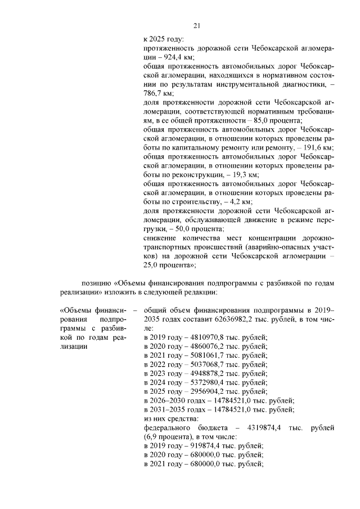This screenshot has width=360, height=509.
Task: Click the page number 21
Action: [x=197, y=25]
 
